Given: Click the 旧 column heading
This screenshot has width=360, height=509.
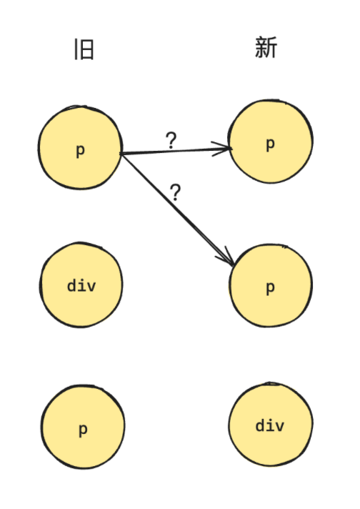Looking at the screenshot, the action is pyautogui.click(x=84, y=49).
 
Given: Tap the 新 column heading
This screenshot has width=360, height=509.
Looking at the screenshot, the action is pyautogui.click(x=266, y=47).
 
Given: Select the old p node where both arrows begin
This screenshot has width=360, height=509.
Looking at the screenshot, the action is pyautogui.click(x=80, y=147).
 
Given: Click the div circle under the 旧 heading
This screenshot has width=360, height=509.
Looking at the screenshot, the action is pyautogui.click(x=81, y=285).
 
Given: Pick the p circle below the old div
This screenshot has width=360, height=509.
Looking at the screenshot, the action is pyautogui.click(x=83, y=427).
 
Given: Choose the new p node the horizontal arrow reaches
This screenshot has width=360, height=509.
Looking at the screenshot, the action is pyautogui.click(x=271, y=142).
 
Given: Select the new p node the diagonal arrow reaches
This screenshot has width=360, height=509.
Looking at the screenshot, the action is pyautogui.click(x=271, y=285).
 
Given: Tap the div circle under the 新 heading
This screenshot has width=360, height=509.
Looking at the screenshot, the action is pyautogui.click(x=271, y=424).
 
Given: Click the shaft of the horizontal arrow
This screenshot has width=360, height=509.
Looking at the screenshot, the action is pyautogui.click(x=175, y=151).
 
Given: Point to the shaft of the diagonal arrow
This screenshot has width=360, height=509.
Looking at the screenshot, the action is pyautogui.click(x=176, y=209).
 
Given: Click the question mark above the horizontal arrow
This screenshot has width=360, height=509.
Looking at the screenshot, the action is pyautogui.click(x=171, y=141).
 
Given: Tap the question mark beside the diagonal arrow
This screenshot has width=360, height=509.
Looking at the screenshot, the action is pyautogui.click(x=176, y=192).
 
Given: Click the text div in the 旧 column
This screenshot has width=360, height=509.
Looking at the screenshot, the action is pyautogui.click(x=81, y=285).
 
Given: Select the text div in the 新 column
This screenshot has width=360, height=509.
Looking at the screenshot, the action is pyautogui.click(x=270, y=425).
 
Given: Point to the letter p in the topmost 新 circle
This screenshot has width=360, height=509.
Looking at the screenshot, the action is pyautogui.click(x=270, y=144).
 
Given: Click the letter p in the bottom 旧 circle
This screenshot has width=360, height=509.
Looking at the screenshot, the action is pyautogui.click(x=83, y=430).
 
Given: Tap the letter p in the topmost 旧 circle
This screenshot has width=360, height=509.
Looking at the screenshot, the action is pyautogui.click(x=80, y=151).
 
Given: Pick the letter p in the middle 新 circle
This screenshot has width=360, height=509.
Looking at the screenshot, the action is pyautogui.click(x=270, y=288).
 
